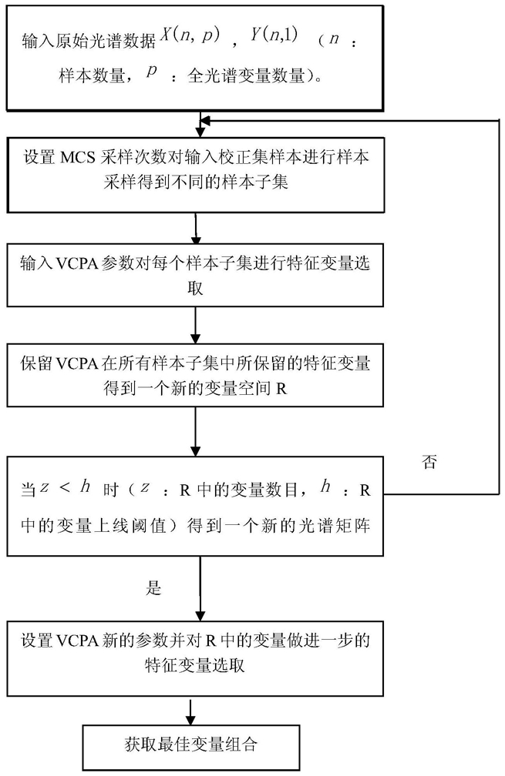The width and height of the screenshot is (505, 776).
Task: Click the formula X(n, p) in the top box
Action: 190,35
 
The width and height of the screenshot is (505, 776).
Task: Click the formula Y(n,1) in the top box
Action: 274,35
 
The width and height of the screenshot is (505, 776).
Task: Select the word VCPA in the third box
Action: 74,263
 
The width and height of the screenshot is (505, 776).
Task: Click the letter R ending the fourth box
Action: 281,389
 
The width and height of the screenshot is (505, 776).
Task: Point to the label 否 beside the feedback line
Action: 429,462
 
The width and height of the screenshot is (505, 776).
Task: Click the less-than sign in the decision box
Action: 65,488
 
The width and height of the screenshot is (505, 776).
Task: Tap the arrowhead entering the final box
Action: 190,720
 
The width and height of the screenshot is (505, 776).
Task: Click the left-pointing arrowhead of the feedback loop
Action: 204,120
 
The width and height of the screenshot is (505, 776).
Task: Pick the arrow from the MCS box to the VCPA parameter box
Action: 196,228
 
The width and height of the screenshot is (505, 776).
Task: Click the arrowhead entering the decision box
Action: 196,451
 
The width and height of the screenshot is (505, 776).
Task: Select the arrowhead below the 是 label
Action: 200,615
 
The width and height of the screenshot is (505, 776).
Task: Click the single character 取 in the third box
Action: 195,288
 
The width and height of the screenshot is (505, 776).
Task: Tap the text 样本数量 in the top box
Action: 91,75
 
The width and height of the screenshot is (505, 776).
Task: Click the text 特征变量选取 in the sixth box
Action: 195,665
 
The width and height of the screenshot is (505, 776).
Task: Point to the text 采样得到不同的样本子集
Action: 196,182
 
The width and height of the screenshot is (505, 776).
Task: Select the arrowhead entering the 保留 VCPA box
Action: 196,339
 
